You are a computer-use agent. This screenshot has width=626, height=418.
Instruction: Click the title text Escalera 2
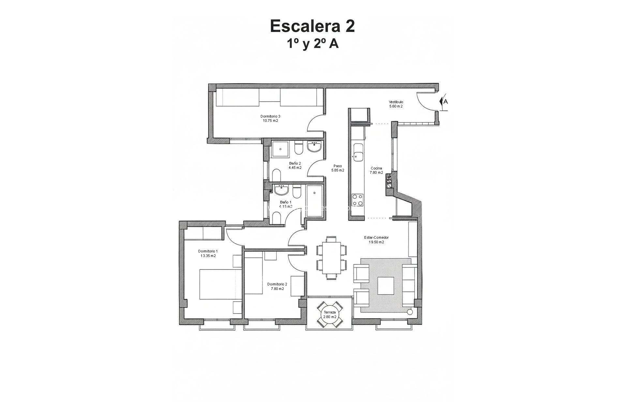(312, 26)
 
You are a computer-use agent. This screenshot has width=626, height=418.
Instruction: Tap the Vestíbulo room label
(396, 102)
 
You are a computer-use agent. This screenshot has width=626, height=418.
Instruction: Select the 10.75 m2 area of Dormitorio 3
(270, 121)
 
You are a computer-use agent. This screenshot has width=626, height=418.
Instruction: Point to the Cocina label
(376, 169)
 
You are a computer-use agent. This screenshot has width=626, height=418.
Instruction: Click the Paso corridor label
(337, 166)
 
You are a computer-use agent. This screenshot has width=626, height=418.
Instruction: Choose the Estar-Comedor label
(376, 238)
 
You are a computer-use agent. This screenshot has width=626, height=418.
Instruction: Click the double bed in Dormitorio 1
(220, 284)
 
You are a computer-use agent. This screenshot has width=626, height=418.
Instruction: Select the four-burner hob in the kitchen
(357, 200)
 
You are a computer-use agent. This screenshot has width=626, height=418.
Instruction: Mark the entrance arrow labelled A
(444, 102)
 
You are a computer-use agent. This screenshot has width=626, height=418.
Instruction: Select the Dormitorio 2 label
(277, 284)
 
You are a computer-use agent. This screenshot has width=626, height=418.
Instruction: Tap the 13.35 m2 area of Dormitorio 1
(208, 256)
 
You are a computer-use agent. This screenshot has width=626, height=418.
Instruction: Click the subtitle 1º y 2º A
(312, 44)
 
